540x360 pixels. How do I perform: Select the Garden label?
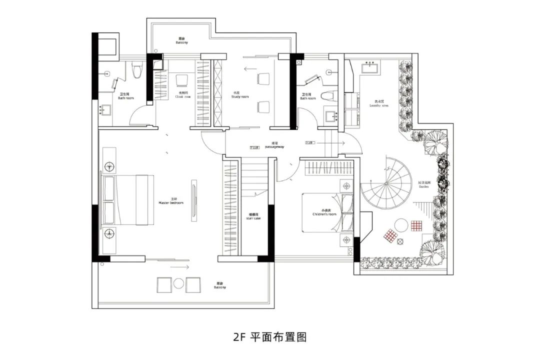[423, 184]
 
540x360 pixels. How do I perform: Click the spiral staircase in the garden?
[386, 184]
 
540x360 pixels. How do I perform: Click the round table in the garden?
[401, 224]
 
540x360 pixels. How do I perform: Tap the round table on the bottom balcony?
[179, 284]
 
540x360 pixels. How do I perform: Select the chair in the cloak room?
[181, 80]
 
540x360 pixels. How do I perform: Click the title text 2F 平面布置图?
[269, 336]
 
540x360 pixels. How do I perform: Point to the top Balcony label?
[181, 41]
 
